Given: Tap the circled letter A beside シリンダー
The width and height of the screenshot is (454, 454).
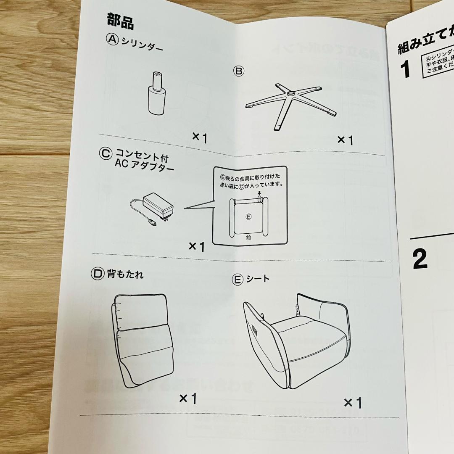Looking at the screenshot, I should (112, 40).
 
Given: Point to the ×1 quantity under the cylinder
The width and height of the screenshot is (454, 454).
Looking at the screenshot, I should (200, 137).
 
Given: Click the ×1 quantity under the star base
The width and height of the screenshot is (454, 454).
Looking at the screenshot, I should (345, 140).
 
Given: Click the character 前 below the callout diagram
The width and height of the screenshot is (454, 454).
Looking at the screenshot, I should (249, 238).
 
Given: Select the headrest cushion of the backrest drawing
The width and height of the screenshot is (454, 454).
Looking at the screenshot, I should (141, 311).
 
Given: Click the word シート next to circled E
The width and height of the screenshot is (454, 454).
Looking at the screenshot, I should (258, 278).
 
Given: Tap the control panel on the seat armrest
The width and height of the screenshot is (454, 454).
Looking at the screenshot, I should (255, 329).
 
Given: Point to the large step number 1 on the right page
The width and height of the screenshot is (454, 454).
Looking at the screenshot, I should (405, 69).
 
